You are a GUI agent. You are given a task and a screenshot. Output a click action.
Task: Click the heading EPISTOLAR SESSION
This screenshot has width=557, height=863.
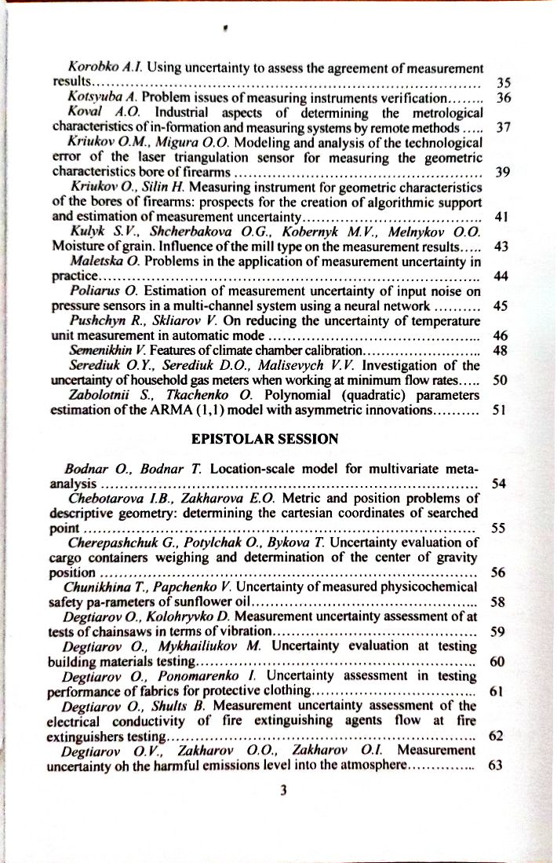[x=264, y=439]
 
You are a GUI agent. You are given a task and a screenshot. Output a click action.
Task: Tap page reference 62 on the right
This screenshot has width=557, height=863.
[x=496, y=736]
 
